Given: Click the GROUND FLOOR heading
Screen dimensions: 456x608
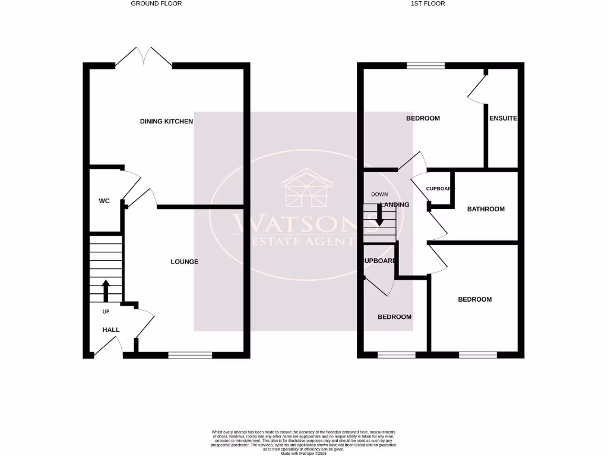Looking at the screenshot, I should (156, 4).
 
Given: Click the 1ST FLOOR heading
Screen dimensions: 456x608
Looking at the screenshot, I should (427, 4).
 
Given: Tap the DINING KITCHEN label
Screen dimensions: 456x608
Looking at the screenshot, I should (166, 122).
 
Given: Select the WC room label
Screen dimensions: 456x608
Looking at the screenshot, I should (104, 201).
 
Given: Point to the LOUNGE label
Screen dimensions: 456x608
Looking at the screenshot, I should (184, 262).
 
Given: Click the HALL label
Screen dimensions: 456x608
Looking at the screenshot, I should (111, 330).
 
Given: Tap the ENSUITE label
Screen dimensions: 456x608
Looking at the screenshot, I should (503, 118).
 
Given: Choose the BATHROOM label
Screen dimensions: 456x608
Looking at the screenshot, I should (486, 209).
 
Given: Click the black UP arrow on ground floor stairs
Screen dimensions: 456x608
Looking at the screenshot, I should (106, 291).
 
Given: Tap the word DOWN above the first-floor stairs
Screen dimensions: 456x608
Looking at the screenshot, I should (379, 195).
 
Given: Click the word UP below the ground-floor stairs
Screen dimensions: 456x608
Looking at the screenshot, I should (106, 312).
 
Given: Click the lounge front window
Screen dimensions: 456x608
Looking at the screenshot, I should (190, 355).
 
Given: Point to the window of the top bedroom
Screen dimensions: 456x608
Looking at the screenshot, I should (426, 65).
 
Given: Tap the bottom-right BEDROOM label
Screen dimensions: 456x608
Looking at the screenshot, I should (474, 299).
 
